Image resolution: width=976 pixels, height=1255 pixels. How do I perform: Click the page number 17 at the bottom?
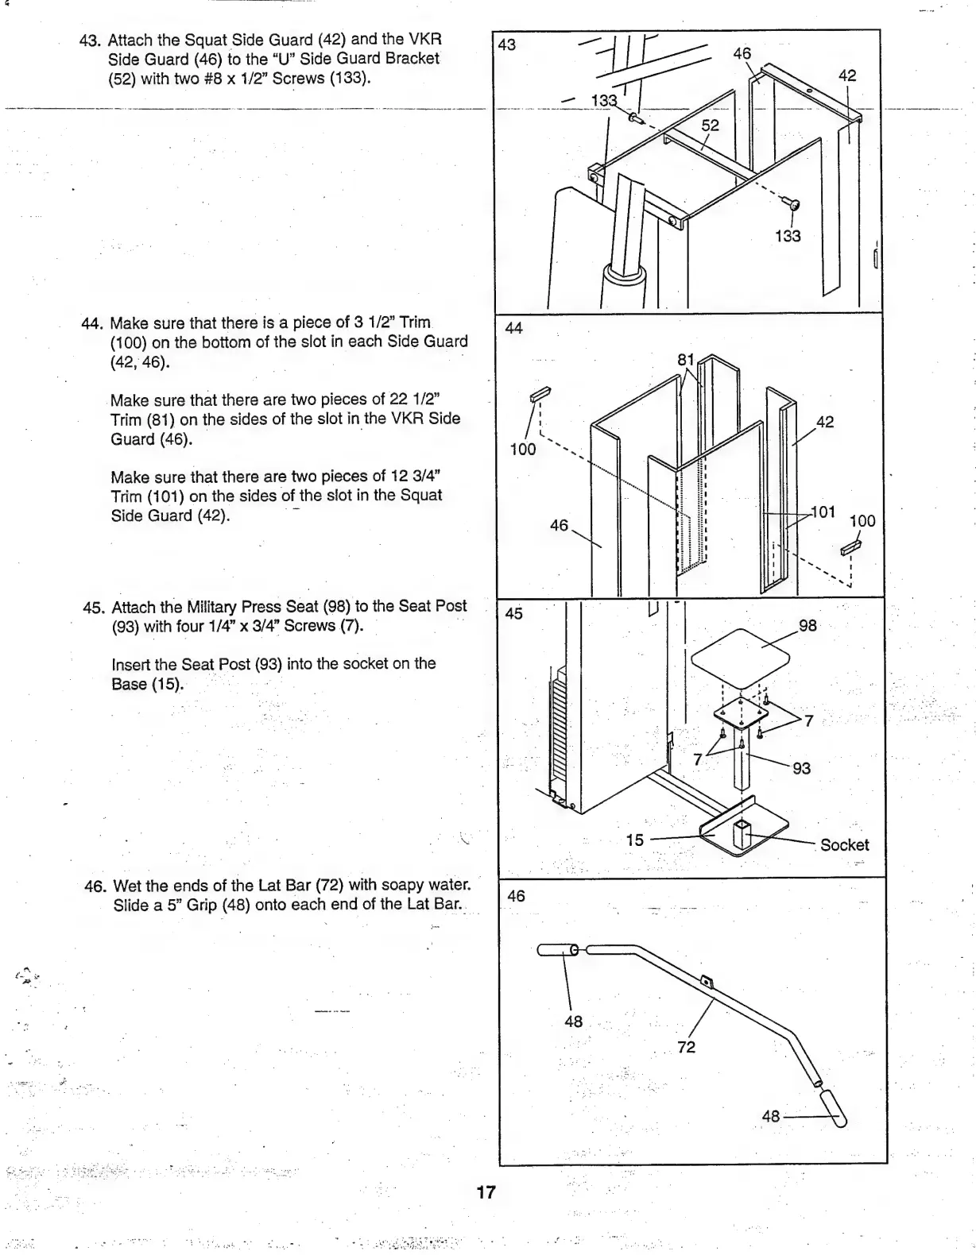[486, 1191]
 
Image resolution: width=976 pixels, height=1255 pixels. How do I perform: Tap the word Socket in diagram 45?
[844, 845]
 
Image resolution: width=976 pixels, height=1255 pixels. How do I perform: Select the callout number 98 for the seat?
[808, 625]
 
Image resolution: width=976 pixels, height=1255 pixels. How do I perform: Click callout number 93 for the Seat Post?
[801, 767]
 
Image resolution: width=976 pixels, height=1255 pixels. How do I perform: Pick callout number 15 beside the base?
[634, 840]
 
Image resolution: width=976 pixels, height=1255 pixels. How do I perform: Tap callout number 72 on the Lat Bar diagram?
[686, 1047]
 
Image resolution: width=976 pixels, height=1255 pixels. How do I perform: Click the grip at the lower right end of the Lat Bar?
[834, 1109]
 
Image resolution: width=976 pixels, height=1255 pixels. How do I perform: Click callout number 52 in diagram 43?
[710, 125]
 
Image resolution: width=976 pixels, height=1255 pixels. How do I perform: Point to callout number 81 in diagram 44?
[686, 360]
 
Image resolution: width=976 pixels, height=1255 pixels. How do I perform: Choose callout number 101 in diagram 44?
[823, 512]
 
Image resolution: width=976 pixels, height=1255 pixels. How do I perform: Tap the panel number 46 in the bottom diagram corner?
[516, 896]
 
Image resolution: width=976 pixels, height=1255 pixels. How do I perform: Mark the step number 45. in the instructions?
[95, 608]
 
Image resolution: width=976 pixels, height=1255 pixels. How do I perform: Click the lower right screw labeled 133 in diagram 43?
[792, 204]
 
